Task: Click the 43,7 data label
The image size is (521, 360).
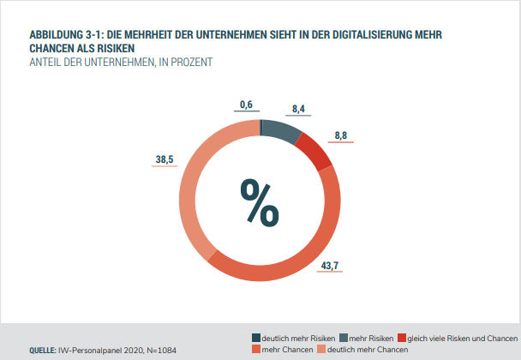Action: pos(330,265)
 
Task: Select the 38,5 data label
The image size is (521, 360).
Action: pos(165,159)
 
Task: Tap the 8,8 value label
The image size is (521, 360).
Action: pos(341,135)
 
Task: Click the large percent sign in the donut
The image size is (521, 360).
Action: pos(260,201)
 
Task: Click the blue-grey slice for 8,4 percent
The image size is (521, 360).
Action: pos(280,131)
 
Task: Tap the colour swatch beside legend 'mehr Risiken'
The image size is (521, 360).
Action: pos(344,338)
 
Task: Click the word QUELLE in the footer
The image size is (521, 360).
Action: pos(43,350)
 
